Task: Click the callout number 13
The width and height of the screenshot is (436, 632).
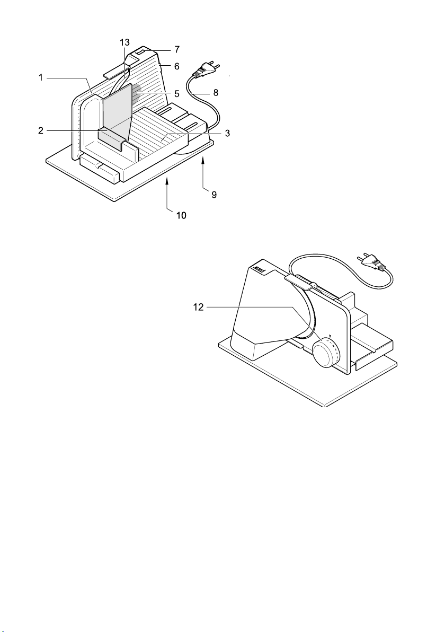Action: (125, 42)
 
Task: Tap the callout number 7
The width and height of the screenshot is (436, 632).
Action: (177, 50)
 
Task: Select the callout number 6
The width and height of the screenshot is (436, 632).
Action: (177, 66)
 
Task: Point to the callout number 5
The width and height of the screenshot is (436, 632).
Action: (177, 93)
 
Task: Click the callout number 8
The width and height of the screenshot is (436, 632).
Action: (216, 93)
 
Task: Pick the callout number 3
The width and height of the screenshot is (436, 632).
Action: (227, 134)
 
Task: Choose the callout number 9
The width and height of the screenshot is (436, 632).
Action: (214, 195)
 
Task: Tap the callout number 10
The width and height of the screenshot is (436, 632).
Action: (181, 216)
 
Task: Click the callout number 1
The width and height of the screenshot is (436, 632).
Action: (41, 77)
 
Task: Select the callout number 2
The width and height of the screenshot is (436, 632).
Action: (41, 130)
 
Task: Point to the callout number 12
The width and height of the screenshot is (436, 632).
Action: (199, 308)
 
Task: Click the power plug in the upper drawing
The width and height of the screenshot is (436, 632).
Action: (207, 69)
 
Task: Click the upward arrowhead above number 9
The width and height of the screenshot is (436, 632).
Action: (203, 161)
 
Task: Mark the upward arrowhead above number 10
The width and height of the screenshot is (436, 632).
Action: (167, 183)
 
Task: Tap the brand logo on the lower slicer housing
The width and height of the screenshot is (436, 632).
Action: (259, 270)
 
